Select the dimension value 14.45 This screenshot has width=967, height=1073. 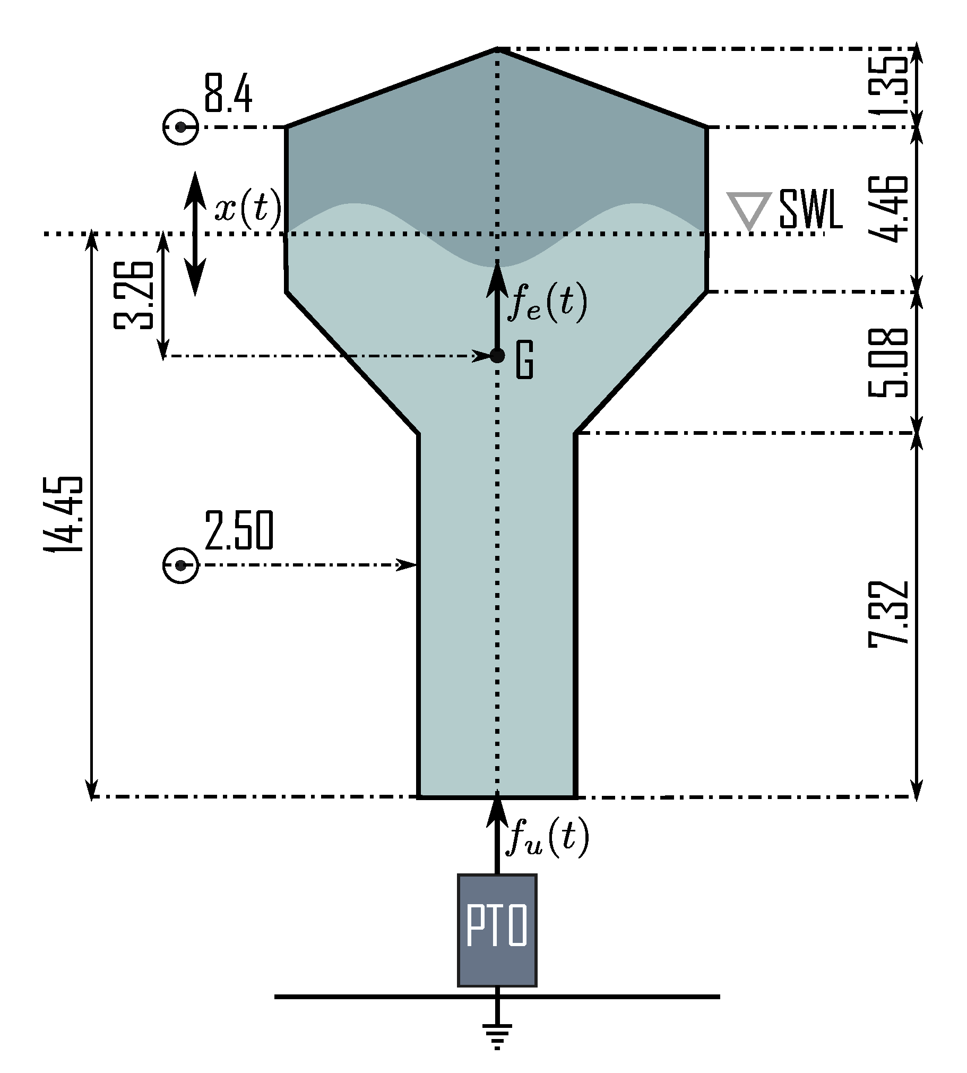(x=64, y=514)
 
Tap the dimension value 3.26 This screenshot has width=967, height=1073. (x=134, y=295)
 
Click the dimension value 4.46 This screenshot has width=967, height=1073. (x=887, y=208)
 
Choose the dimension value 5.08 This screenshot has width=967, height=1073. (x=887, y=363)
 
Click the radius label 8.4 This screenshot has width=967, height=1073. (x=228, y=94)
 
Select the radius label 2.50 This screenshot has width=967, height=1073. (x=238, y=530)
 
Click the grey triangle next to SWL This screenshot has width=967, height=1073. (x=749, y=209)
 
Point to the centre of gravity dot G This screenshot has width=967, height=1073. (x=497, y=356)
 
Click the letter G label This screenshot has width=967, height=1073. (x=525, y=360)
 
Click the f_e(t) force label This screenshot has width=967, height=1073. (x=547, y=303)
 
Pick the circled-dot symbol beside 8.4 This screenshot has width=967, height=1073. (x=180, y=127)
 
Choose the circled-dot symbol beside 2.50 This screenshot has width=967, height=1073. (x=180, y=565)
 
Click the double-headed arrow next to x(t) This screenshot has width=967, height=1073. (x=195, y=234)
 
